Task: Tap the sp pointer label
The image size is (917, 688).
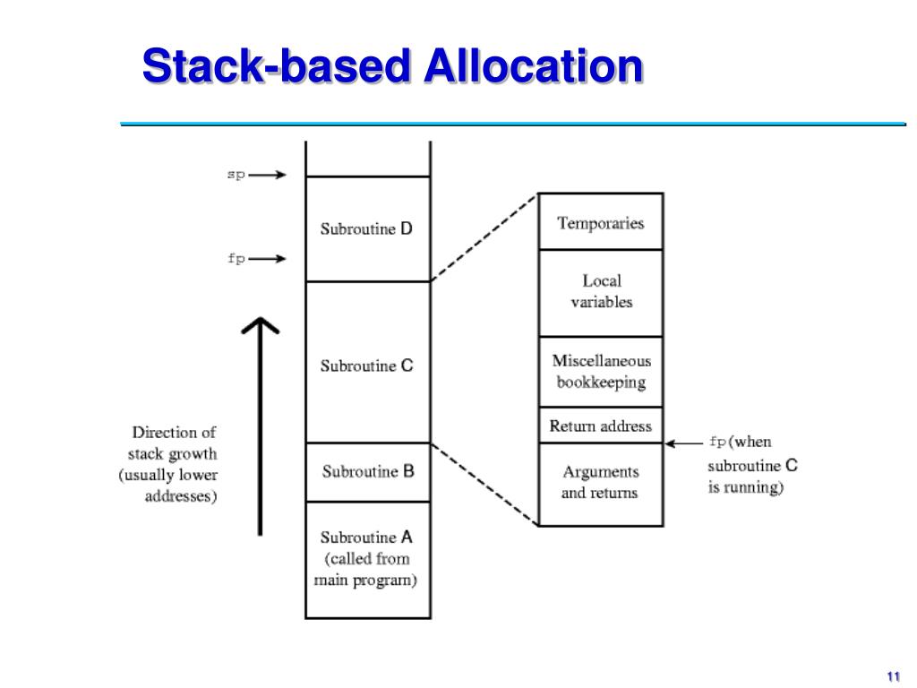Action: (x=235, y=176)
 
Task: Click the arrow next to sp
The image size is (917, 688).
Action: (x=268, y=176)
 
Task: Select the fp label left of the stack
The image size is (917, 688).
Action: (x=236, y=259)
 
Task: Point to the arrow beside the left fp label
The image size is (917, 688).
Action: (x=268, y=259)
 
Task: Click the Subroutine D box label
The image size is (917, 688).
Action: (x=367, y=229)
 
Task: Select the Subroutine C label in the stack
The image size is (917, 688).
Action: (x=367, y=365)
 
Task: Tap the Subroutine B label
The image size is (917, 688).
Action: (x=368, y=471)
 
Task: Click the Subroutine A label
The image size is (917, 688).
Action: (x=367, y=537)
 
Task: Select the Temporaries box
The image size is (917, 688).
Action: (x=600, y=223)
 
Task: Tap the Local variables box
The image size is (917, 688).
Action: (x=601, y=292)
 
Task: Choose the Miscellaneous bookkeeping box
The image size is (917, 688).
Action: (x=601, y=372)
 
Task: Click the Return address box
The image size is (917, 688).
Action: (x=601, y=426)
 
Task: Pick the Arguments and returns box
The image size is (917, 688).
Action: (x=600, y=482)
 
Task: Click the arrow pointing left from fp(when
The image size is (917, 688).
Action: (x=685, y=442)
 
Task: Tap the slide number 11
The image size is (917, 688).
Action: (x=892, y=675)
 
